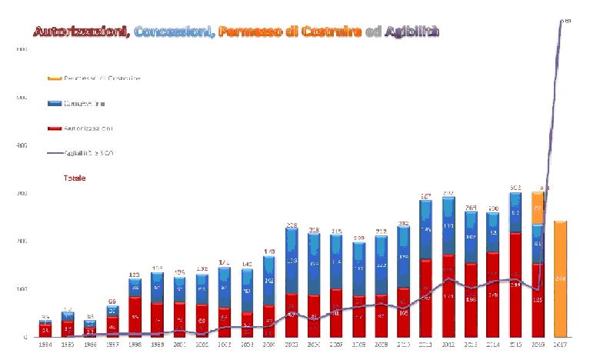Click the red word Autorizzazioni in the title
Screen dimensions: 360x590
click(x=81, y=32)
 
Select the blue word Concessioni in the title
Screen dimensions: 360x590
click(x=174, y=32)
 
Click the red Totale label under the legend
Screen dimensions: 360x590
click(x=75, y=178)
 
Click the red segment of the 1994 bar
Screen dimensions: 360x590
click(x=45, y=331)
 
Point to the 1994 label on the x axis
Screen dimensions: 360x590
click(x=45, y=345)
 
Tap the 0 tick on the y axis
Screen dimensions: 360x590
click(x=25, y=337)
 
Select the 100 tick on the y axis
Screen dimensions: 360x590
click(x=22, y=289)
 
